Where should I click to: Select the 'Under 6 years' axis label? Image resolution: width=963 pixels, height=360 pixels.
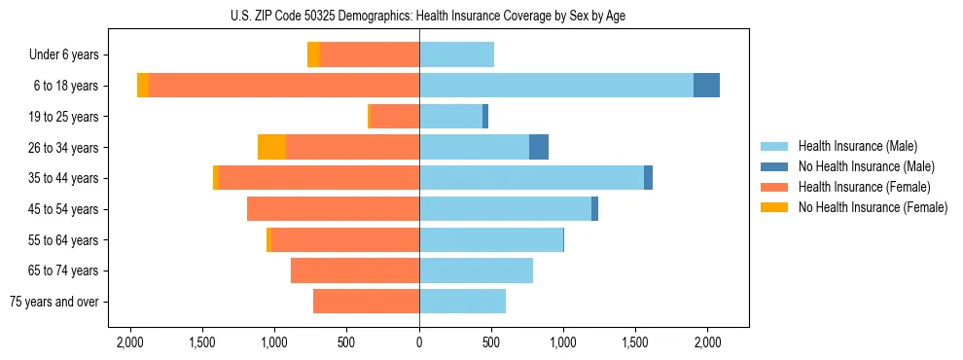(70, 55)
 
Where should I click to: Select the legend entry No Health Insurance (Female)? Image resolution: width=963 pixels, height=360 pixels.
(873, 207)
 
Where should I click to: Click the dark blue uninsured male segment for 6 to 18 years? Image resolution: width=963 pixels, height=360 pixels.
(706, 86)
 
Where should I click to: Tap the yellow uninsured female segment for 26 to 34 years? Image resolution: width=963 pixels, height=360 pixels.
(271, 147)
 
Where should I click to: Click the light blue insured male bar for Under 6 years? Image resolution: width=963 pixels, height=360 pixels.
(456, 54)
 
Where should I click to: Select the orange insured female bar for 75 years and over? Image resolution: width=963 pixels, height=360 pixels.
(366, 302)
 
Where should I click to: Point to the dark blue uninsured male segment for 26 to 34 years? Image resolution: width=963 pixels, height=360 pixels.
(539, 147)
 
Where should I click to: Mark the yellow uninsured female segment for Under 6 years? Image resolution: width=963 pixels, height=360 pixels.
(313, 54)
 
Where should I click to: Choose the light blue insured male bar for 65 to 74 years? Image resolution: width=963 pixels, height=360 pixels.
(476, 270)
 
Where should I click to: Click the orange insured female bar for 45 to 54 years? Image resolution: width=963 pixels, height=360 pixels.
(333, 209)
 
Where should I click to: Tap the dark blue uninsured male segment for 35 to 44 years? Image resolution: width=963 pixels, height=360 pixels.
(648, 178)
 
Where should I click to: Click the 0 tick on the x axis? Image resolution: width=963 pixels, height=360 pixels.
(419, 342)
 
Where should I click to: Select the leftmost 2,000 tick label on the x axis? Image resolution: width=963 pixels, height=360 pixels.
(130, 342)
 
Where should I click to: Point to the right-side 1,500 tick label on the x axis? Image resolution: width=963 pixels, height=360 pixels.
(635, 342)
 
